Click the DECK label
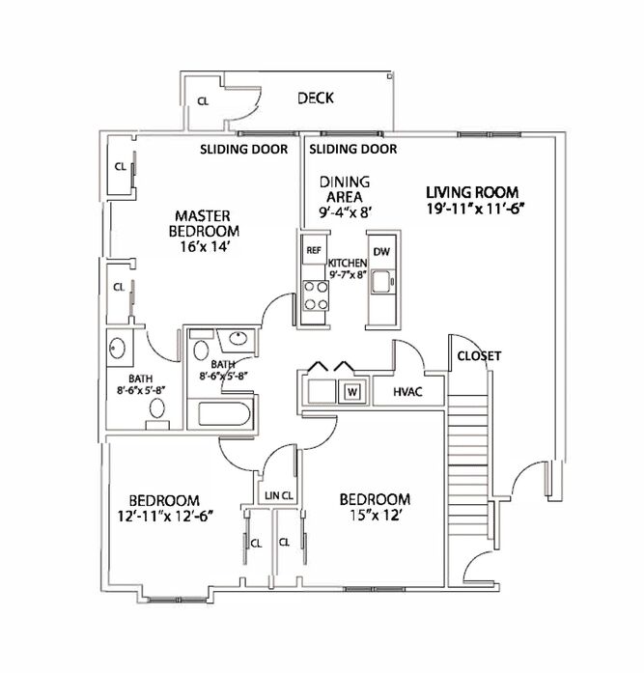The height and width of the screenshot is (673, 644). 316,98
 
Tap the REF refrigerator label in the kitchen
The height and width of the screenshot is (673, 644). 314,250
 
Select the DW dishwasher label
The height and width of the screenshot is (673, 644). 381,251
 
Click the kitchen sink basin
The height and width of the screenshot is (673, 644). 381,281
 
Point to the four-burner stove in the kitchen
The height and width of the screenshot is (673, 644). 316,295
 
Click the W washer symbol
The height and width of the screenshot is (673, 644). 352,391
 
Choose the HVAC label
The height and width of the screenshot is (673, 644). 407,391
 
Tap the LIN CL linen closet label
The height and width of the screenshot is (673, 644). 279,495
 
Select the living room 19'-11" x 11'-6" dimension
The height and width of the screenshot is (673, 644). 476,209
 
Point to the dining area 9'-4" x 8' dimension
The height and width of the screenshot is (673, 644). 345,212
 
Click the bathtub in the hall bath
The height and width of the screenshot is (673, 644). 224,414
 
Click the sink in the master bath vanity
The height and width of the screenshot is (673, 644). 118,348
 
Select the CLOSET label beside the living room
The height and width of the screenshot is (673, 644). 479,356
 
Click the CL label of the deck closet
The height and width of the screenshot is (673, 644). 203,100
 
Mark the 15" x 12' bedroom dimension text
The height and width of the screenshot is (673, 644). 375,515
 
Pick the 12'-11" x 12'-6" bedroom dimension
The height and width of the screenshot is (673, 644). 165,516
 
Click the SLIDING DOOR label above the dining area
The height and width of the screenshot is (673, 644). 352,149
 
